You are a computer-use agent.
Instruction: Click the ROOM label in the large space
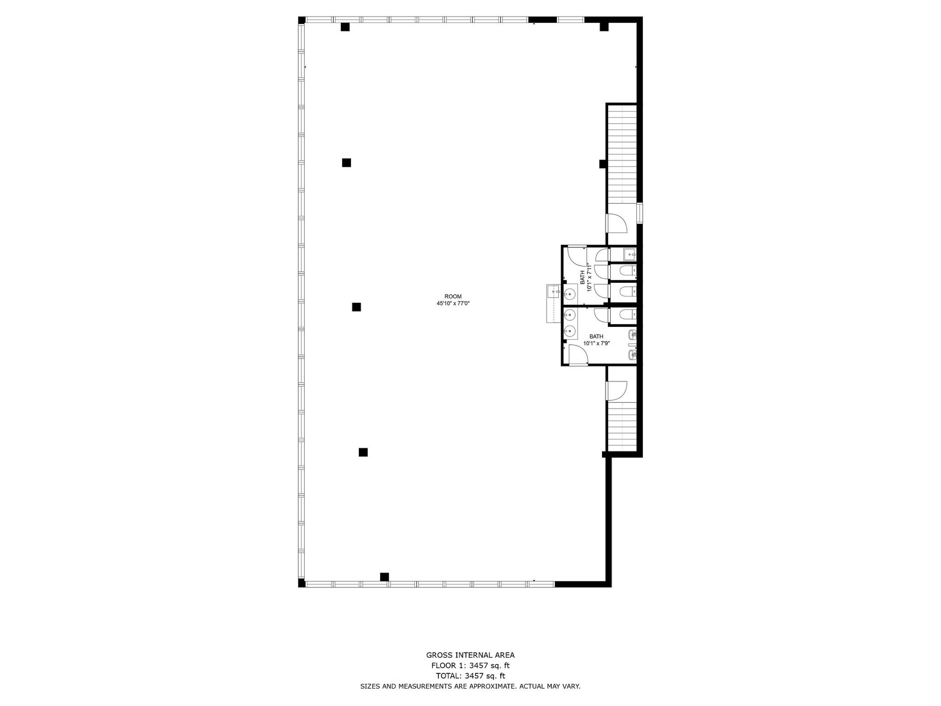[453, 297]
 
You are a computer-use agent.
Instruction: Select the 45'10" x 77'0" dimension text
[453, 304]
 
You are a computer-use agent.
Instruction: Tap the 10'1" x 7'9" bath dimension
[596, 343]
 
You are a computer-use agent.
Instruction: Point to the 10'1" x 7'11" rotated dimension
[589, 277]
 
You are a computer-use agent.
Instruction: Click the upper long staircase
[622, 153]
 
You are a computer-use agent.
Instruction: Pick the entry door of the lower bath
[578, 355]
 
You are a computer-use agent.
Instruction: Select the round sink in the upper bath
[569, 294]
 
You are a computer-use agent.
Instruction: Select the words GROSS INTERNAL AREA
[470, 656]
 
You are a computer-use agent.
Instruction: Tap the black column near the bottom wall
[384, 577]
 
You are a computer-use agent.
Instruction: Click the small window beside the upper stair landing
[639, 213]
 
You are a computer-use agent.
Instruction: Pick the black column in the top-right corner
[604, 27]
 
